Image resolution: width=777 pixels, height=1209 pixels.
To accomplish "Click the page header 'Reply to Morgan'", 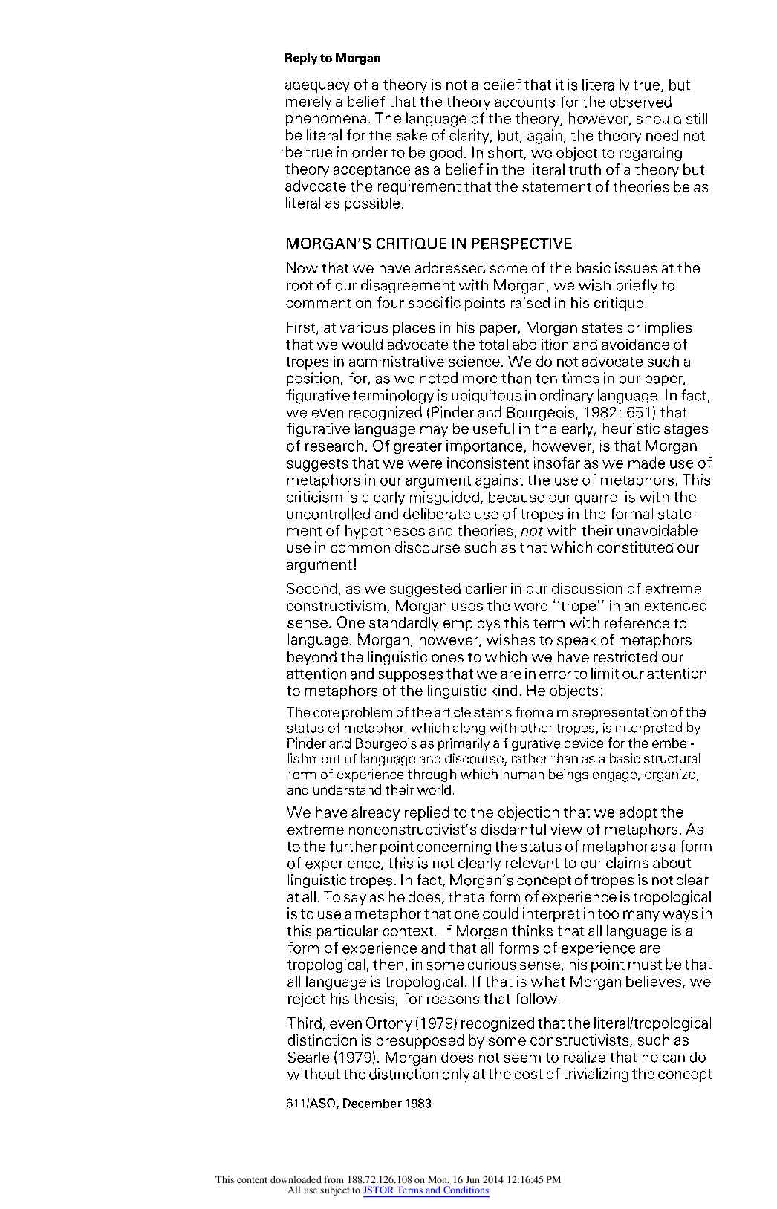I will (x=333, y=58).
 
